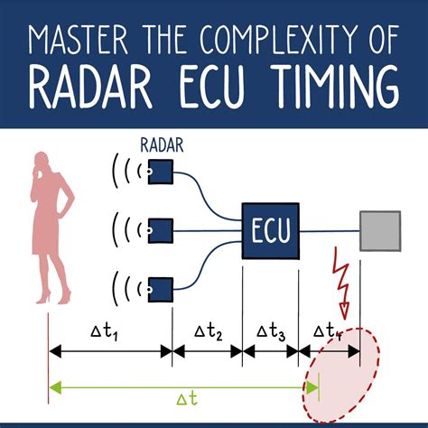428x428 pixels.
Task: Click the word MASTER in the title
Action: pyautogui.click(x=79, y=40)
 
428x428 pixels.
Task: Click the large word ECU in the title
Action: pyautogui.click(x=212, y=88)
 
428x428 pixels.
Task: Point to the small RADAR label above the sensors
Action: pyautogui.click(x=162, y=145)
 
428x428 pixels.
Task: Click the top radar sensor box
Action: pyautogui.click(x=161, y=172)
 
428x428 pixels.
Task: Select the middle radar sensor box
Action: pyautogui.click(x=161, y=231)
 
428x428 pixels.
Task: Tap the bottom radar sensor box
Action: pyautogui.click(x=161, y=290)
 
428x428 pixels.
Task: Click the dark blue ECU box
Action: pyautogui.click(x=271, y=231)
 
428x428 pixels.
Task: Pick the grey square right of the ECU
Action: pyautogui.click(x=380, y=231)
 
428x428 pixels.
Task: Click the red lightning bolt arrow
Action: pyautogui.click(x=341, y=283)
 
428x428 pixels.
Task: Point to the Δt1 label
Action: pyautogui.click(x=104, y=332)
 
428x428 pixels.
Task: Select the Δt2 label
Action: pyautogui.click(x=209, y=332)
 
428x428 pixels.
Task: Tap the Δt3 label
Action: pyautogui.click(x=271, y=332)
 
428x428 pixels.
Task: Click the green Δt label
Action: pyautogui.click(x=187, y=399)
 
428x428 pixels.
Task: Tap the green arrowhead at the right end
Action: pyautogui.click(x=312, y=387)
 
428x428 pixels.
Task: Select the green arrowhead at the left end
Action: pyautogui.click(x=55, y=387)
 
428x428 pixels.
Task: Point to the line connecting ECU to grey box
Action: pyautogui.click(x=330, y=231)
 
